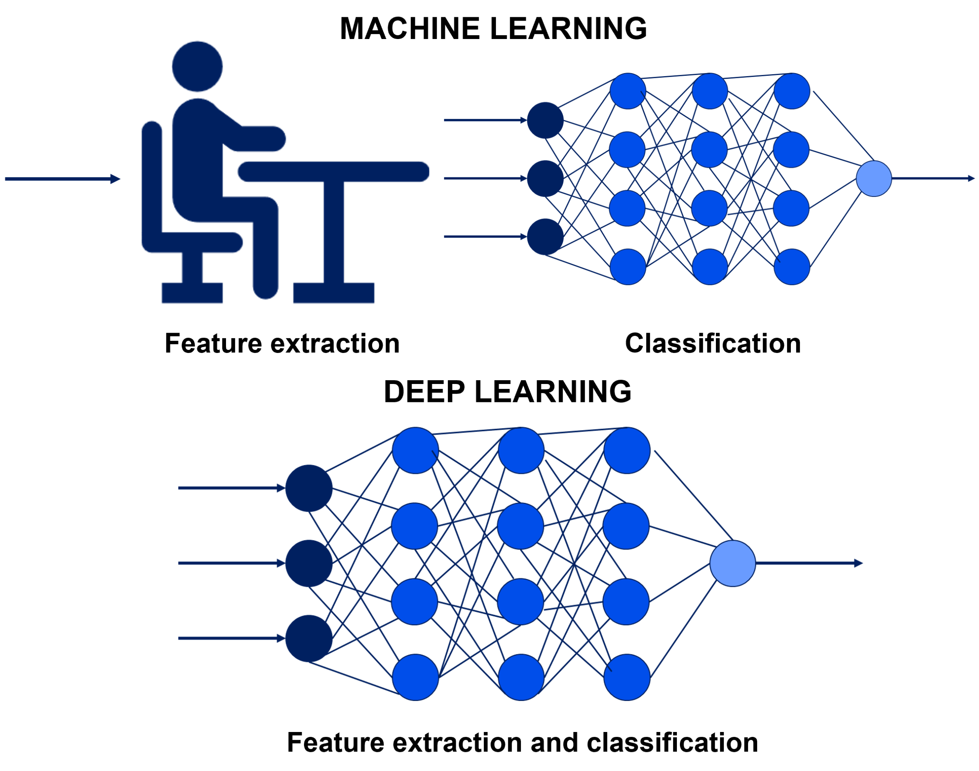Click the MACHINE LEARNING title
[x=493, y=28]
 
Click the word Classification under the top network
[x=713, y=343]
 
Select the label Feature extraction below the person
[x=282, y=343]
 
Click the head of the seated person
[x=197, y=67]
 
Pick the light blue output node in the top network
[x=873, y=179]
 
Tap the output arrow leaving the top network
[x=932, y=179]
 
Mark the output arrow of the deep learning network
[x=808, y=563]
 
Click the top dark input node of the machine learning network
[x=545, y=120]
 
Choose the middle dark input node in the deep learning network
[x=309, y=563]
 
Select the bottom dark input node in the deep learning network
[x=309, y=638]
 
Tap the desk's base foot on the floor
[x=333, y=293]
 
